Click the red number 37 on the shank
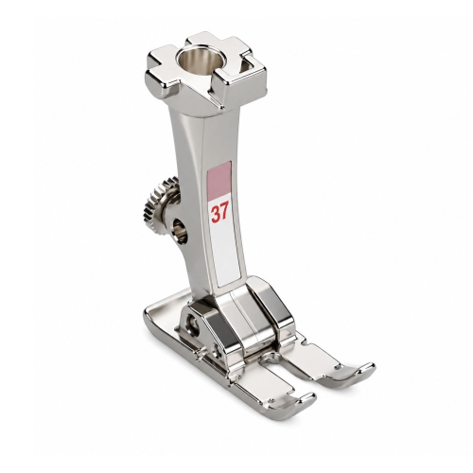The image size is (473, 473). point(219,214)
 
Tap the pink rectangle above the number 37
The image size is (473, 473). point(219,182)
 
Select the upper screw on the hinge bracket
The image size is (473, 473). point(192,322)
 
